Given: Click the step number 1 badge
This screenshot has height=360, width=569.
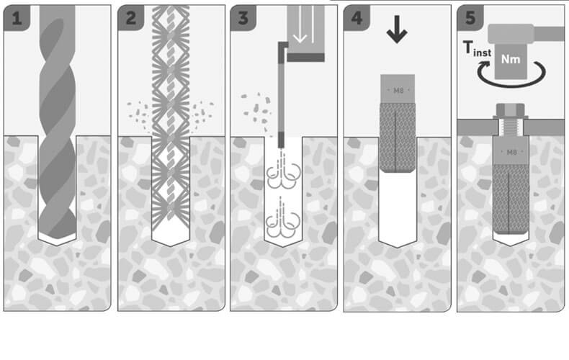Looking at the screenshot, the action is [17, 18].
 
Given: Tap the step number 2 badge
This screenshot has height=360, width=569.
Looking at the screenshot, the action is [130, 18].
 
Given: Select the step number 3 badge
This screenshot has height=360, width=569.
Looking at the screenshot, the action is [243, 18].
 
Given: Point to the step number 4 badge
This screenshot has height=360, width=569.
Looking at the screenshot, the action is [357, 18].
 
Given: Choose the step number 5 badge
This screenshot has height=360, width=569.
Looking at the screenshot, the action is [470, 18].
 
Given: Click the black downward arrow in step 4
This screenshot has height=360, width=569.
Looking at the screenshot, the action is [397, 29].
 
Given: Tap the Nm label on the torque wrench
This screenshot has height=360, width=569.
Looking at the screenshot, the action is [511, 59].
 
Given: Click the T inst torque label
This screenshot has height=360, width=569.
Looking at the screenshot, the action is [477, 49].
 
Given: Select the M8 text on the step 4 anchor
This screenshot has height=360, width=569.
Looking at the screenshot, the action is [398, 91].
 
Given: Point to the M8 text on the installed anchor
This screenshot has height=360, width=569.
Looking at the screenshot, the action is [511, 152].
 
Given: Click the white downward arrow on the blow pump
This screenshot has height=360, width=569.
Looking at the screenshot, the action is [300, 24].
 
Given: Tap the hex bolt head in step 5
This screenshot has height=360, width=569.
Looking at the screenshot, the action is [510, 110].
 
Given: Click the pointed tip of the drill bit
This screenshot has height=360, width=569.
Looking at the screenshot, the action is [58, 240].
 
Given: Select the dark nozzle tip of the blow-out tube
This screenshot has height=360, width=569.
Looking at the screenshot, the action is [281, 140].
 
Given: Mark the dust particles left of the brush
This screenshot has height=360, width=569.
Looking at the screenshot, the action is [138, 115].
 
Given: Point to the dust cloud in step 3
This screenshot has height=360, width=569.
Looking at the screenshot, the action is [256, 109].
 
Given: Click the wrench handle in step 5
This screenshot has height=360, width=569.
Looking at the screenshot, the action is [549, 34].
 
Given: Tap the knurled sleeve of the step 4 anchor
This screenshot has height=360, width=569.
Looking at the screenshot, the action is [398, 138].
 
